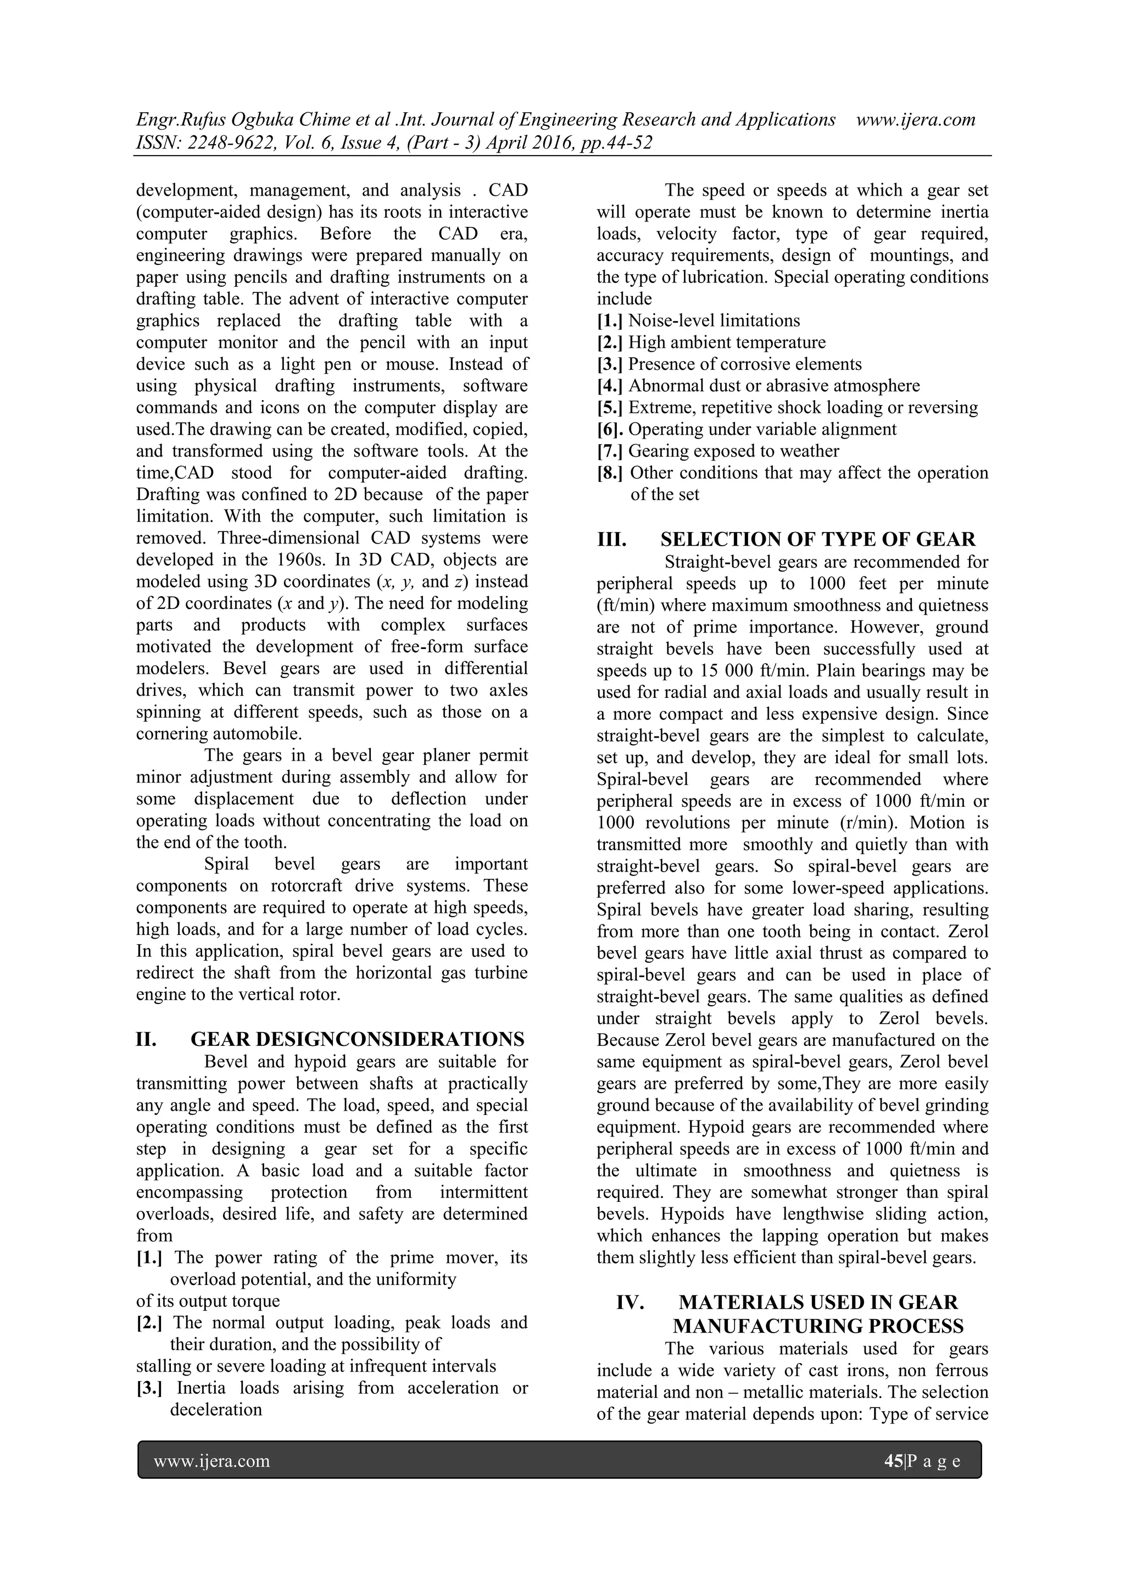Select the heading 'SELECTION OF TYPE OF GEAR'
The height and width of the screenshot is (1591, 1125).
(x=817, y=539)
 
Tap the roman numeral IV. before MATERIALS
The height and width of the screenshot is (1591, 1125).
(x=631, y=1302)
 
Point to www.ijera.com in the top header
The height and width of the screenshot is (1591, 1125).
(x=916, y=120)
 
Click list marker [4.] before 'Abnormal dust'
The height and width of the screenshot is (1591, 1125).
(x=610, y=386)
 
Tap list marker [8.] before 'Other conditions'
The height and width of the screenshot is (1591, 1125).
(x=610, y=473)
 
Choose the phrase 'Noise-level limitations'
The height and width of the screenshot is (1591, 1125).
(x=714, y=321)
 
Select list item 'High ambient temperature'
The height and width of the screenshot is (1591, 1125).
(x=727, y=342)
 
